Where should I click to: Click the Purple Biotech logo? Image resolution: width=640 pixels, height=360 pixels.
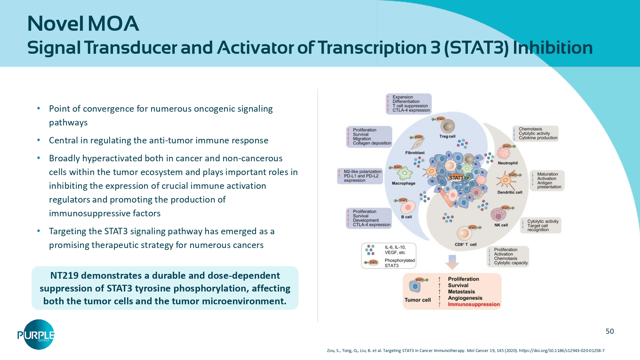pos(36,335)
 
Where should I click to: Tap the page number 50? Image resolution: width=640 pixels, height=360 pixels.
pos(610,332)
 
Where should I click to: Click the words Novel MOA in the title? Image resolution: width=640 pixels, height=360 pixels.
pos(83,24)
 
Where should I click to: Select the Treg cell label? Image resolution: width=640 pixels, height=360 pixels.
pos(447,136)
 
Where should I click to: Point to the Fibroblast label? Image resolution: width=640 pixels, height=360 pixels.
pos(415,153)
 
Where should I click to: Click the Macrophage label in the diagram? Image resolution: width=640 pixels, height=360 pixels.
pos(404,183)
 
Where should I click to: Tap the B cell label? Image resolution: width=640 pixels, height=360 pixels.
pos(406,217)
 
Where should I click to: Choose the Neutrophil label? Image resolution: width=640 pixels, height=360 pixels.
pos(508,163)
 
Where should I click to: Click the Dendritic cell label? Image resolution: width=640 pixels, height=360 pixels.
pos(509,192)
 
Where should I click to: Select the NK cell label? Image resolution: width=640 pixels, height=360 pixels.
pos(501,225)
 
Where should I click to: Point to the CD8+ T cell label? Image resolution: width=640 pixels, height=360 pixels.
pos(466,244)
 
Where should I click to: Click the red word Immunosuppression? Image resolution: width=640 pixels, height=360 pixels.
pos(474,304)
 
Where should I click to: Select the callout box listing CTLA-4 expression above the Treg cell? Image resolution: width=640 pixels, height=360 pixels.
pos(409,104)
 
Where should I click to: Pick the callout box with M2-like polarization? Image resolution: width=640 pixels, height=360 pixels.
pos(360,176)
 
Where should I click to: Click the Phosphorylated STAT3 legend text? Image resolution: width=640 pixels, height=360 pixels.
pos(399,263)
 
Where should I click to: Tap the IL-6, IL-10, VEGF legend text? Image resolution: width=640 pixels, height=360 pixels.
pos(395,250)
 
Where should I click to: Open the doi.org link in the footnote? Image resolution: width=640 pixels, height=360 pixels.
pos(562,351)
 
